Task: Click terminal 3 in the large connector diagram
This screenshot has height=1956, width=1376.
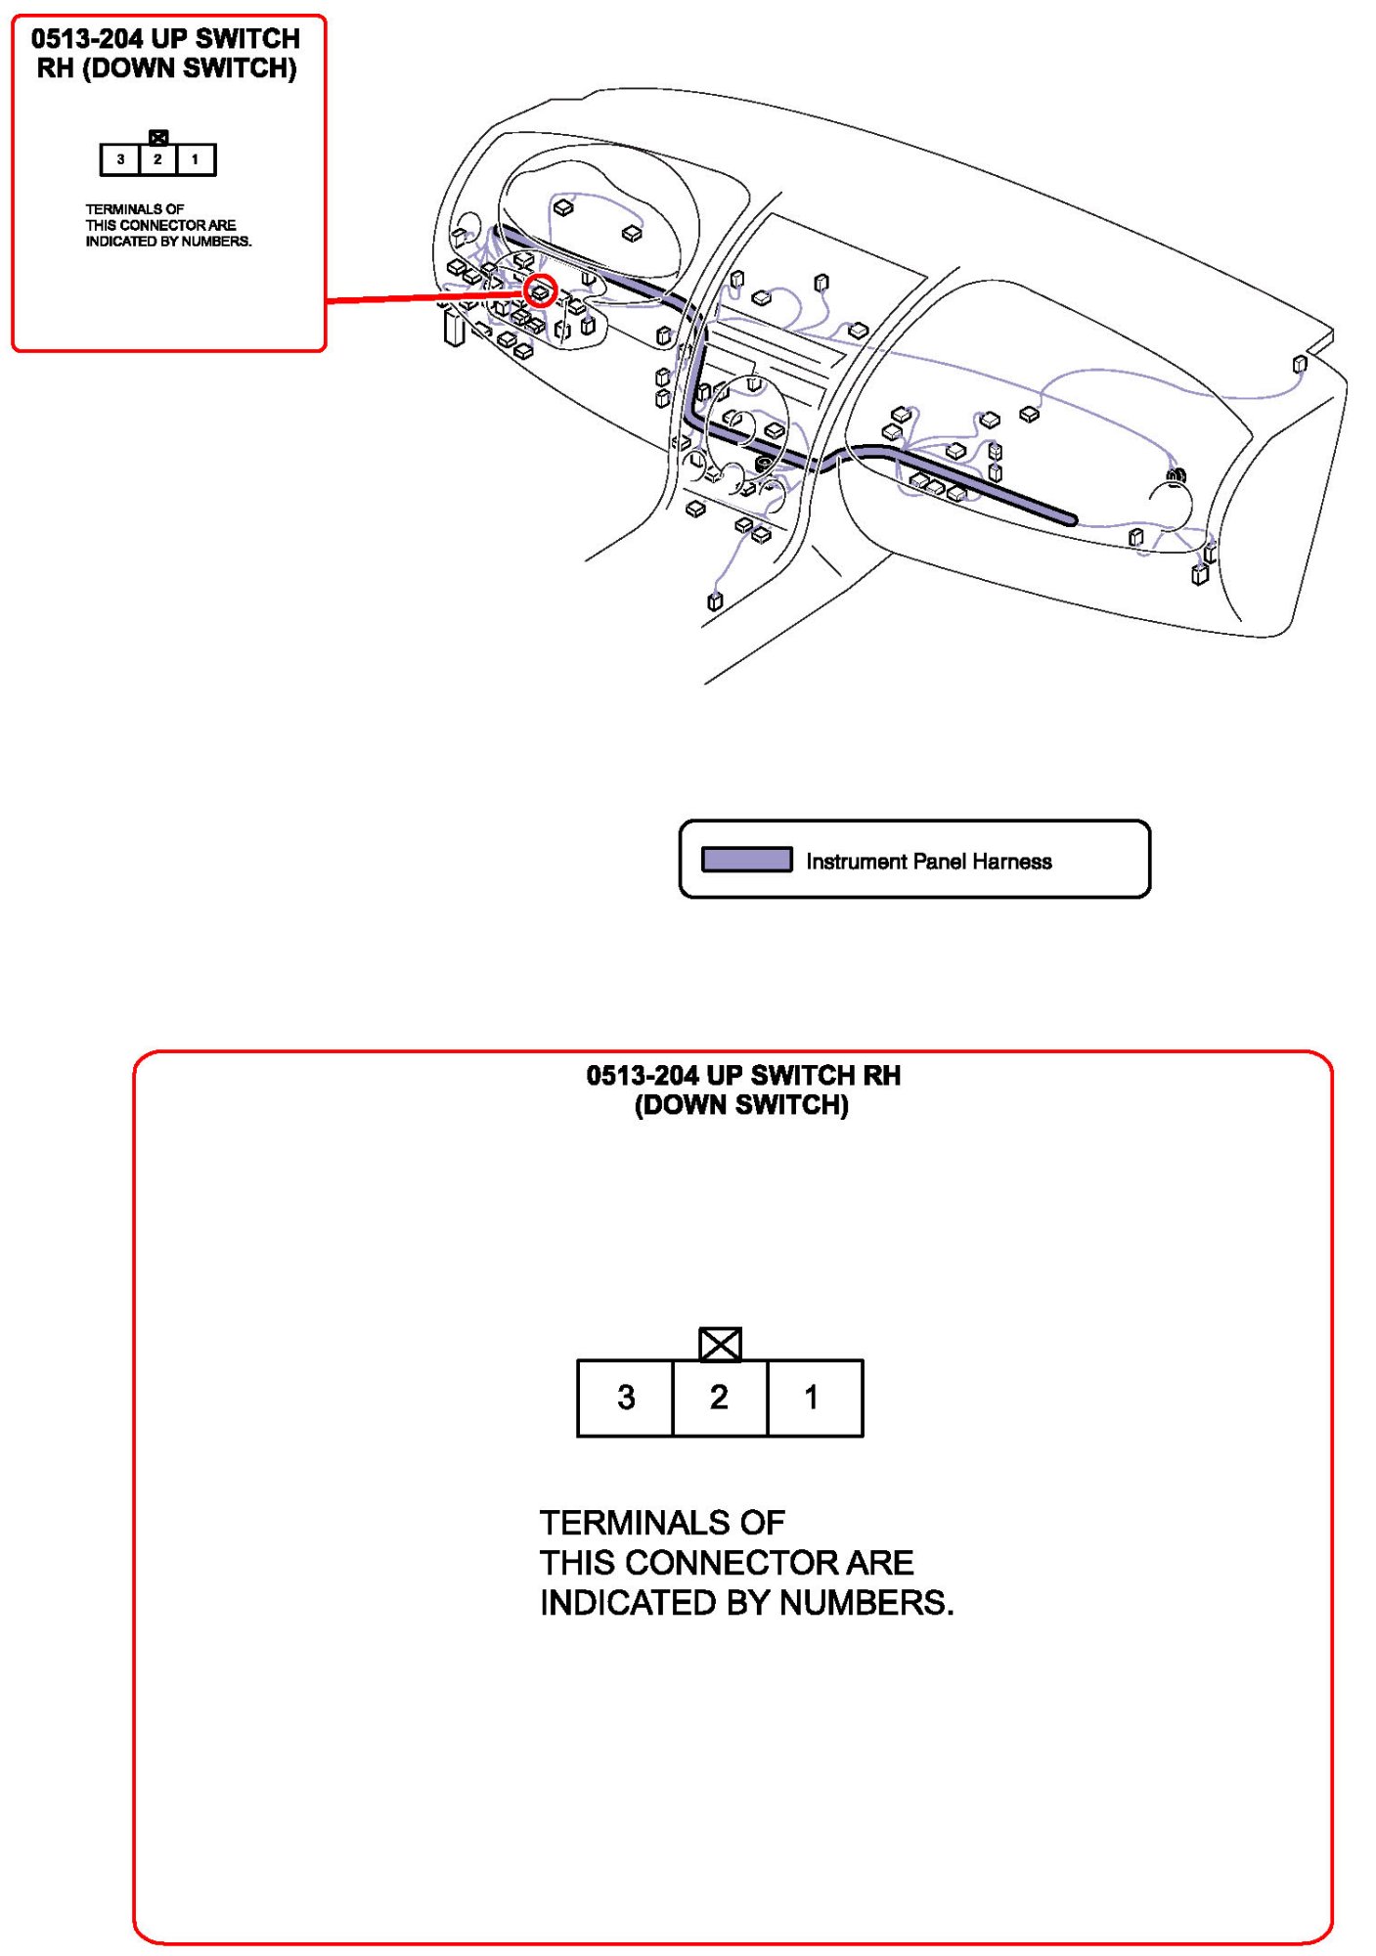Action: click(625, 1398)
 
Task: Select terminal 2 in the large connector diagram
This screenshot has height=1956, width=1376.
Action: click(719, 1398)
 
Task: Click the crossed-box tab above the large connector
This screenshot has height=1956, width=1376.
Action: click(720, 1344)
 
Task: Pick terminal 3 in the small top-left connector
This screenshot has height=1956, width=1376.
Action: click(120, 159)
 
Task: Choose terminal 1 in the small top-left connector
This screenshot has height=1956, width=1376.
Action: click(196, 159)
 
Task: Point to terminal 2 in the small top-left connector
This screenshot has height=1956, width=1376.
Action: click(157, 159)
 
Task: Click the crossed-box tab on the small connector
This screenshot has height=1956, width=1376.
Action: click(158, 137)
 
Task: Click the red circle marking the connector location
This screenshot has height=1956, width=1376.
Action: click(541, 290)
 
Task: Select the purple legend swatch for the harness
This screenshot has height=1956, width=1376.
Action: click(746, 860)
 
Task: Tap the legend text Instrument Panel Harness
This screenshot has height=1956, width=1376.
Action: click(928, 862)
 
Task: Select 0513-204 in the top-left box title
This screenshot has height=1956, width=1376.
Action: click(87, 39)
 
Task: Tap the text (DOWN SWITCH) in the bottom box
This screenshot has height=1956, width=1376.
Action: click(741, 1105)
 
